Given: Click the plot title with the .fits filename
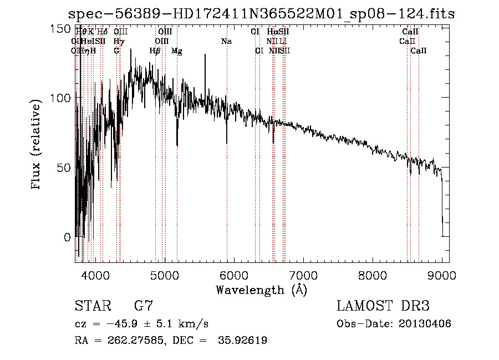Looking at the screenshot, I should coord(261,14).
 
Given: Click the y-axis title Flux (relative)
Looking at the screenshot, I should coord(37,146).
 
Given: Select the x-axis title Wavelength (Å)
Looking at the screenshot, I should coord(262,290).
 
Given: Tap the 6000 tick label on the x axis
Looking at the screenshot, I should coord(235,275).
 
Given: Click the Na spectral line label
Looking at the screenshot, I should coord(226,42).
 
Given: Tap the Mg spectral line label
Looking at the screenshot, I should coord(176,51).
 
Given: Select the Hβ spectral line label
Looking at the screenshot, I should coord(155,51).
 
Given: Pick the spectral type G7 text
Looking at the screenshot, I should coord(143,306).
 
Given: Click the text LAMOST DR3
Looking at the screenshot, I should coord(383,306).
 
